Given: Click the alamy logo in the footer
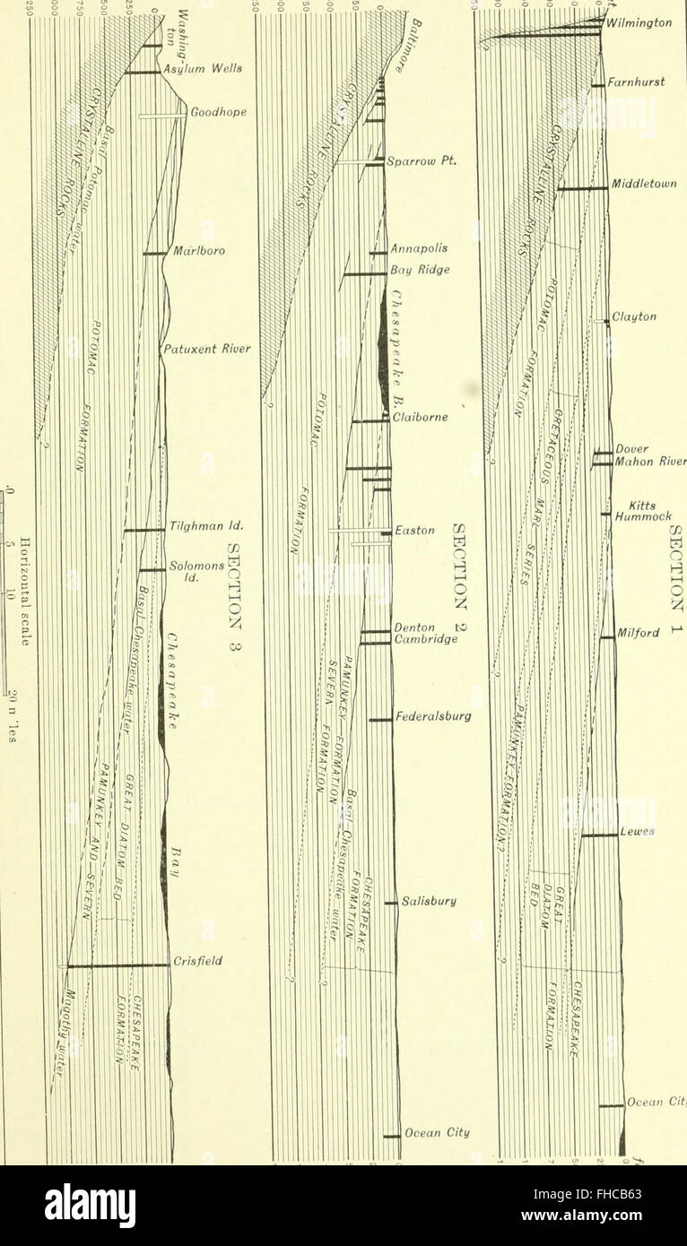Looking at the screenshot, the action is coord(90,1206).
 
